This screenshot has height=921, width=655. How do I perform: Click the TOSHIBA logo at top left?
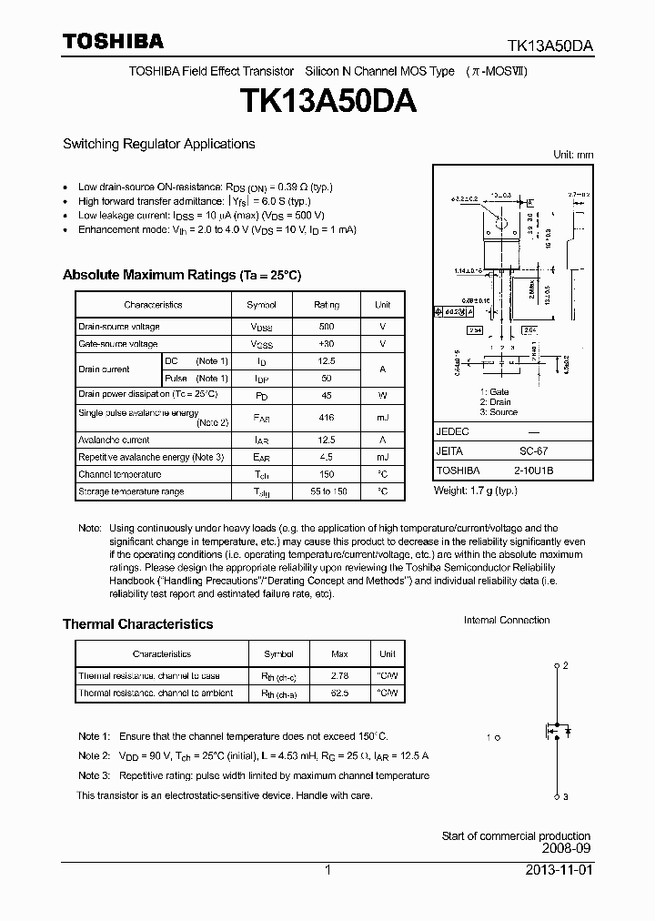pos(113,42)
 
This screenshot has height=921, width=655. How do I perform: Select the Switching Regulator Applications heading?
pos(158,144)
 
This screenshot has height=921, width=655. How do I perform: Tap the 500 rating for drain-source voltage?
pos(327,326)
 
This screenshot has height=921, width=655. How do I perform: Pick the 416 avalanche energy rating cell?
pos(327,417)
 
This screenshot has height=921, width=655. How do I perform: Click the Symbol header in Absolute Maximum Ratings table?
pos(262,305)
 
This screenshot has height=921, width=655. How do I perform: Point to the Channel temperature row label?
pos(119,474)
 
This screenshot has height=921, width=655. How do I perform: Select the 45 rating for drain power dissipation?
pos(327,395)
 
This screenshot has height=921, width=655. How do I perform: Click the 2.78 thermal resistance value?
pos(340,676)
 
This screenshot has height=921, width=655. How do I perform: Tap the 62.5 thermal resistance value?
pos(340,693)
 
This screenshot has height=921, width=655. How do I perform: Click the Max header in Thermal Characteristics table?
pos(340,654)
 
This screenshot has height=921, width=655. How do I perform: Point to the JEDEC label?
pos(453,431)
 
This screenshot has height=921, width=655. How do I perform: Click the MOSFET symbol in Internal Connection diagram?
pos(554,731)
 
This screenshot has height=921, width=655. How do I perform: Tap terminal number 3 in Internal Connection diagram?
pos(566,797)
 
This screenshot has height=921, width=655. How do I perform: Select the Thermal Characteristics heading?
pos(137,624)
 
